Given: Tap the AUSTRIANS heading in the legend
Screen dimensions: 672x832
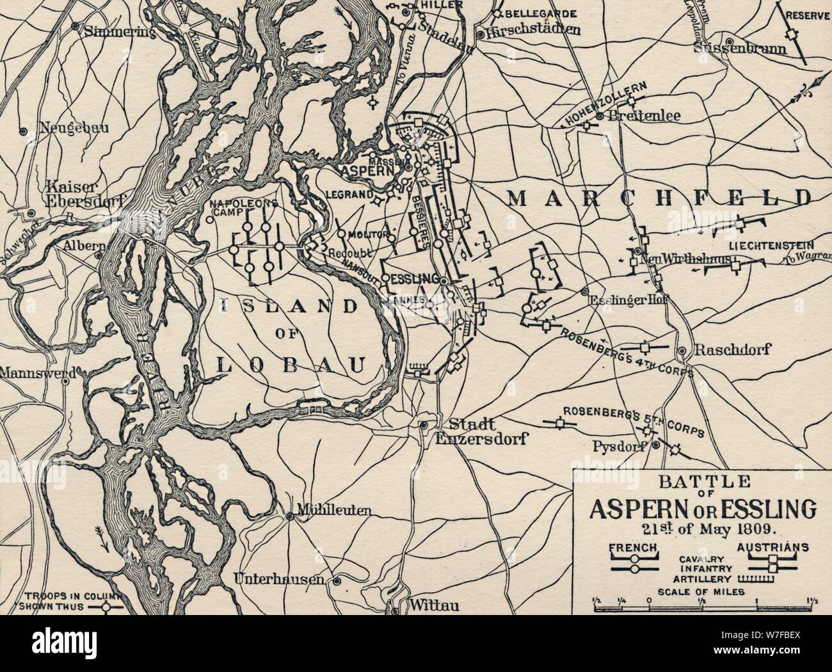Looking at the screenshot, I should coord(773,547).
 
